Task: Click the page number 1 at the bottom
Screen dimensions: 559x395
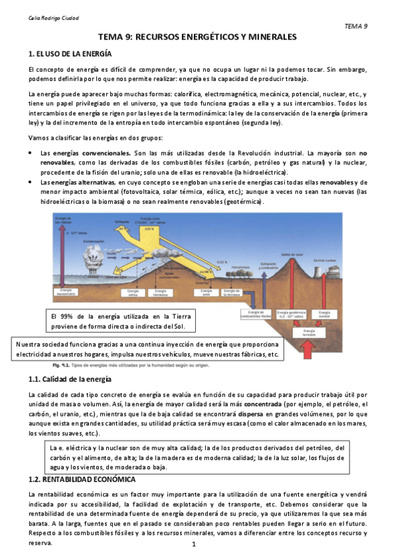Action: [x=195, y=544]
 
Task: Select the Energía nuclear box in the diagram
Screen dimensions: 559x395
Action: [x=324, y=316]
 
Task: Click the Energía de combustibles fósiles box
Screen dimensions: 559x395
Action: [x=257, y=316]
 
